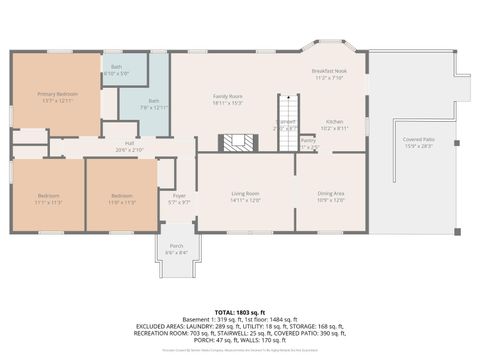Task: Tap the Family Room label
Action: coord(228,96)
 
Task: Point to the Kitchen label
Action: coord(334,122)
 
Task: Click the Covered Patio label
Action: coord(418,139)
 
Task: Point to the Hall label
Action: coord(130,143)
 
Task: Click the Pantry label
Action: coord(308,141)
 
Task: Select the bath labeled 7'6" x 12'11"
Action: coord(154,100)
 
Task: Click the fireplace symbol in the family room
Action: coord(238,141)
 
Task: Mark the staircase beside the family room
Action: coord(287,110)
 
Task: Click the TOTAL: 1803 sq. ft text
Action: coord(240,313)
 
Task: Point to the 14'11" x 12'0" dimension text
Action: coord(245,200)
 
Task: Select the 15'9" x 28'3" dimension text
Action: coord(418,146)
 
